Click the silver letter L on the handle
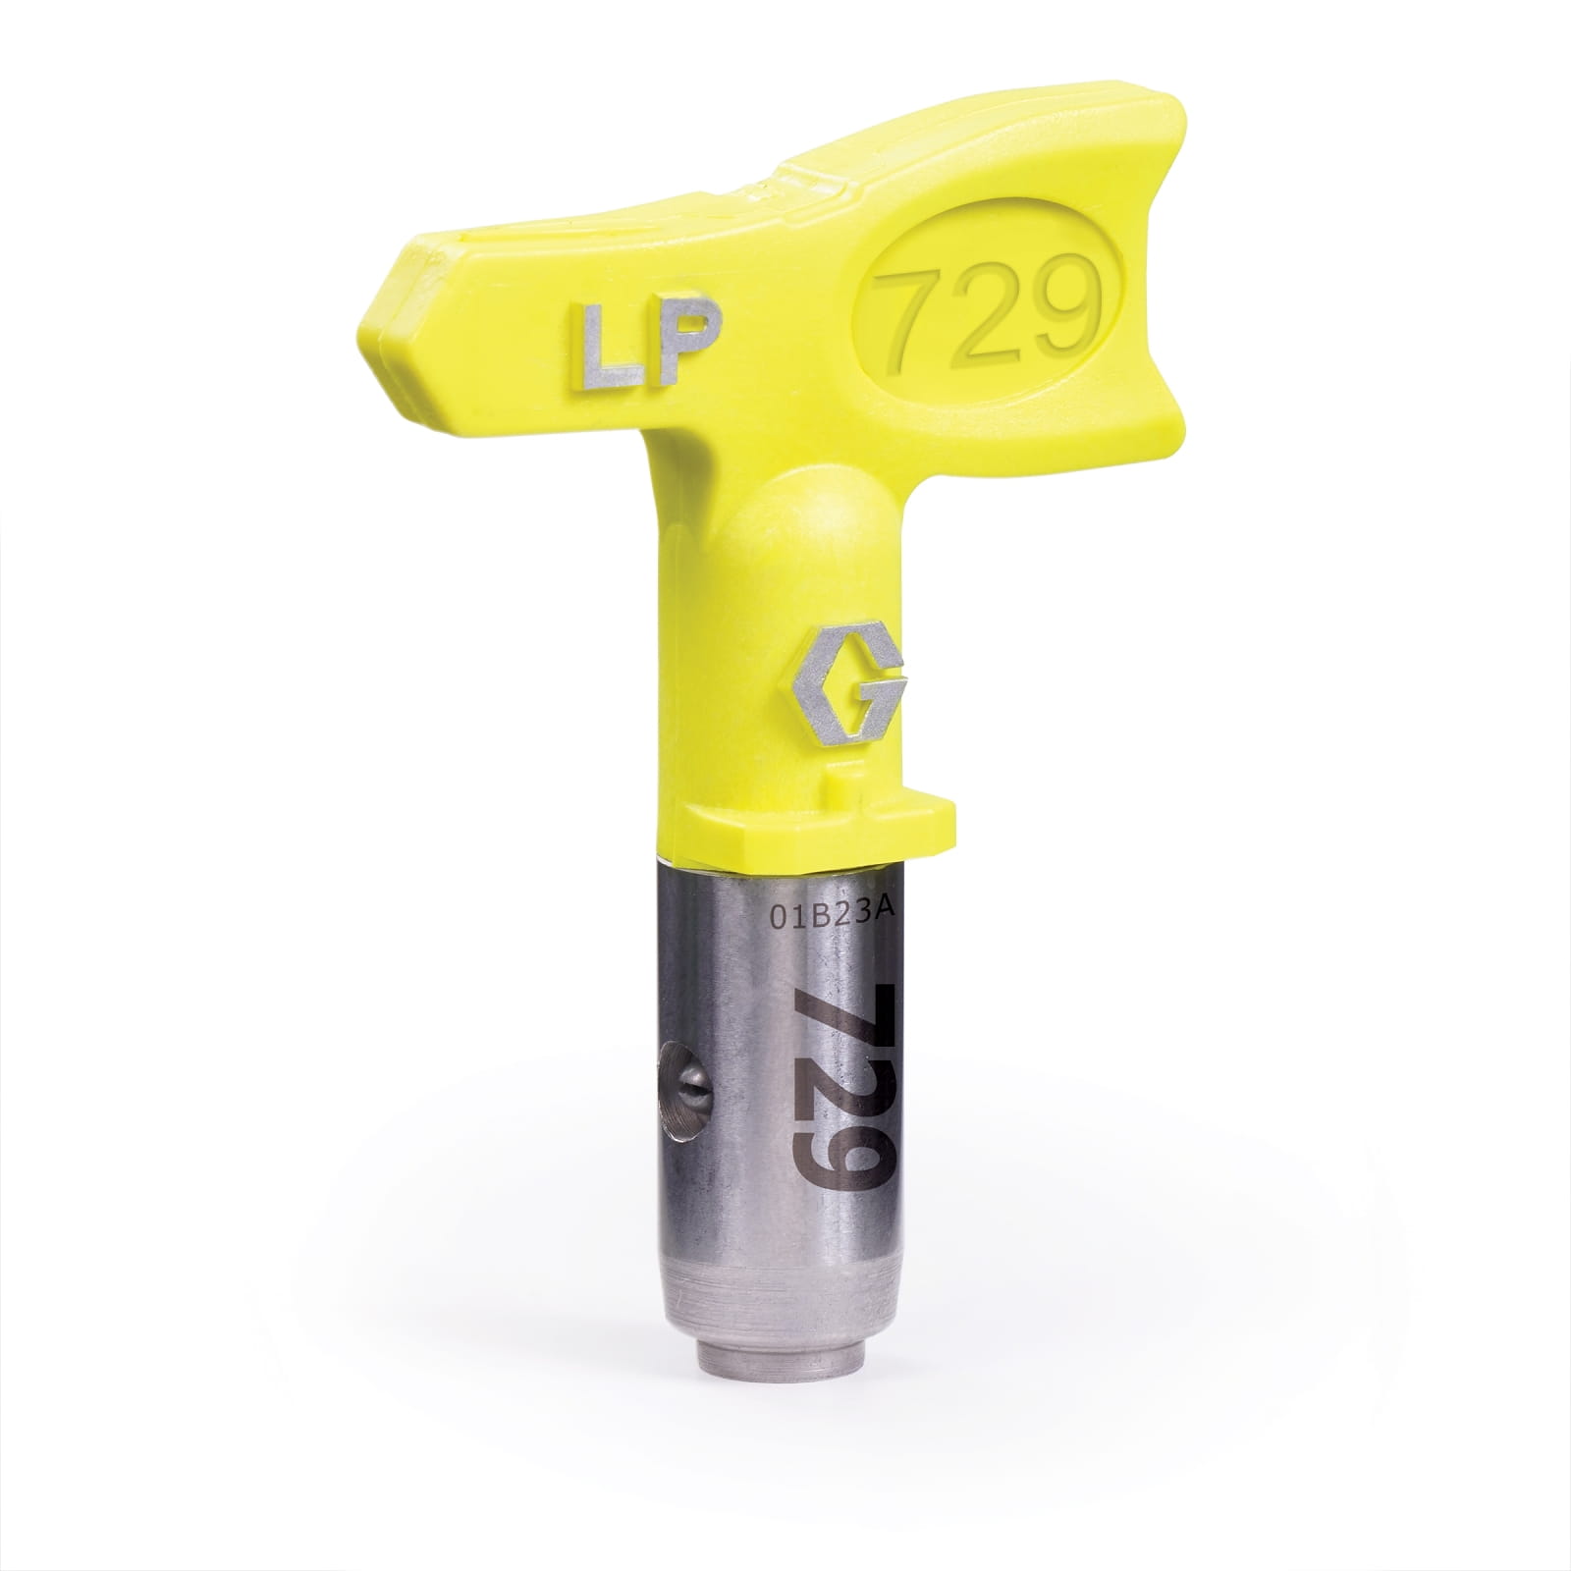[591, 351]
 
